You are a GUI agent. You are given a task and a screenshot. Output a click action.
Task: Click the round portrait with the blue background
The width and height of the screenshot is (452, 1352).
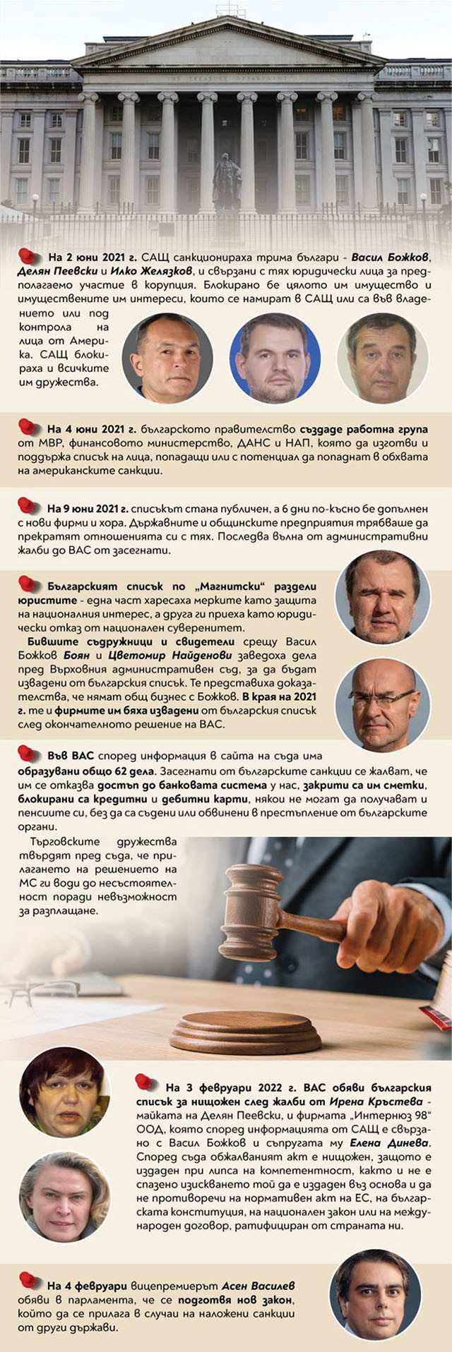[x=275, y=357]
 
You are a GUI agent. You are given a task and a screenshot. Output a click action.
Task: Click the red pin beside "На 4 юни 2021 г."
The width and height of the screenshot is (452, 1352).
[x=27, y=426]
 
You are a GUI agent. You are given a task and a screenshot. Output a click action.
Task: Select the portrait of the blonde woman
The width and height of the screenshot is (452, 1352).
[x=64, y=1197]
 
